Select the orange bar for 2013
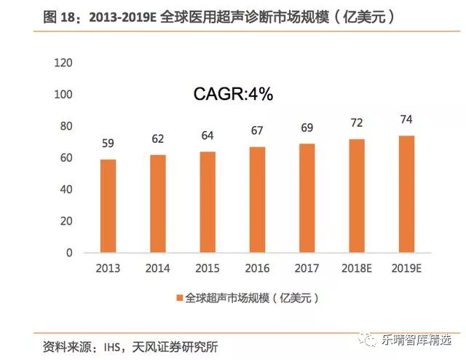pos(108,206)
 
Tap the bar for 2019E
pos(406,194)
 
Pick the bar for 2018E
pos(356,196)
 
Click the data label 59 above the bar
pos(108,144)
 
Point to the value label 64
pos(208,136)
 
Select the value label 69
pos(307,128)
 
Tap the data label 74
pos(406,120)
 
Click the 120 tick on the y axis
pos(64,63)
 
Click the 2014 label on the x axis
pos(157,268)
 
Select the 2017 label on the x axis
pos(307,268)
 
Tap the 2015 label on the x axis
pos(208,268)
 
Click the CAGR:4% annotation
pos(232,94)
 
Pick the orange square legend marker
pos(179,298)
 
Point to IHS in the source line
pos(110,345)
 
